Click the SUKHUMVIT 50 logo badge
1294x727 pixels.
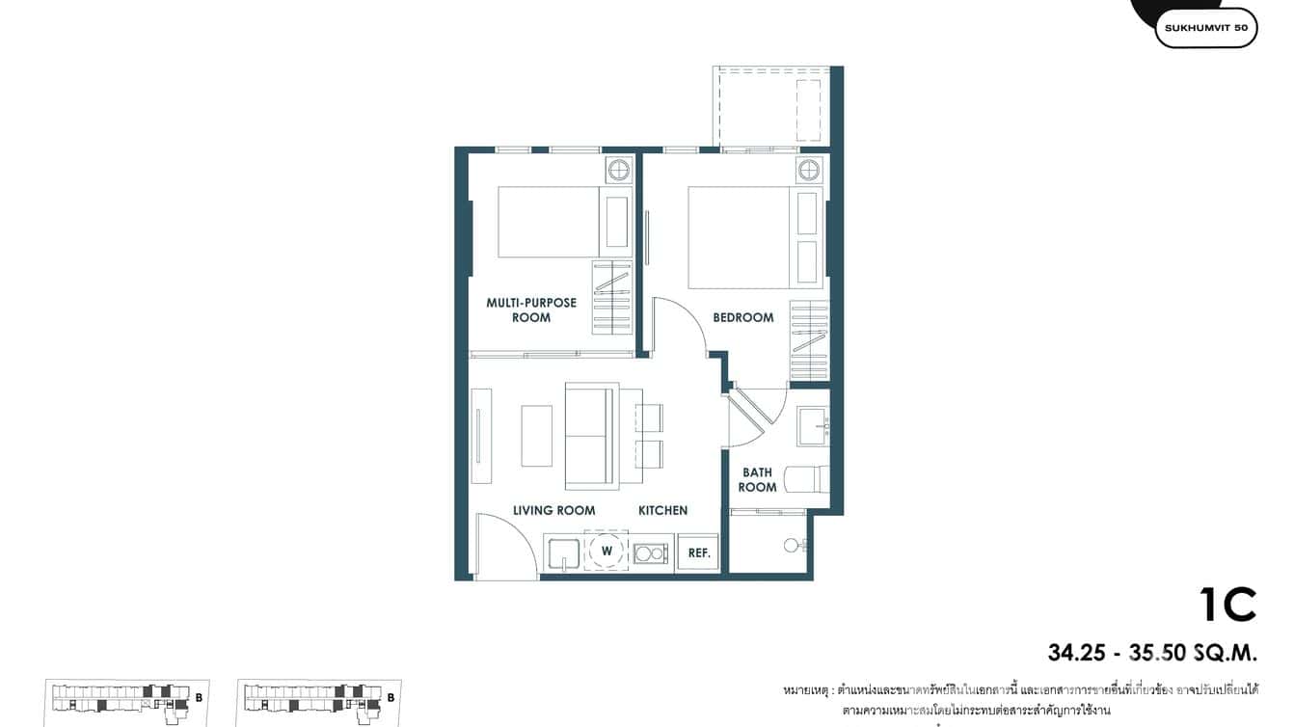tap(1205, 28)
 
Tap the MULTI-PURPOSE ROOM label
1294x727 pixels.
tap(531, 310)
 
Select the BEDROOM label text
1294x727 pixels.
tap(742, 317)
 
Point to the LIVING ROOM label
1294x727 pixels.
tap(553, 510)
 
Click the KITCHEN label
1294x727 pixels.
tap(662, 510)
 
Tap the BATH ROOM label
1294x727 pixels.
tap(757, 480)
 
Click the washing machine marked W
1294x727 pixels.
tap(607, 551)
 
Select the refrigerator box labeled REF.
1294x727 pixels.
tap(699, 552)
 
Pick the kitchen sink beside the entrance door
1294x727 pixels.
tap(563, 554)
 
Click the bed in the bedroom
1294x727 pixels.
tap(739, 237)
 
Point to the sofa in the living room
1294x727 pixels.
tap(590, 435)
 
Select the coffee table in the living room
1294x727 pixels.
tap(537, 436)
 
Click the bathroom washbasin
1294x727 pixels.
tap(813, 425)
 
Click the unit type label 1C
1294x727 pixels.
tap(1227, 605)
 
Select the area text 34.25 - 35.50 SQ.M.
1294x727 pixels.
tap(1152, 654)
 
